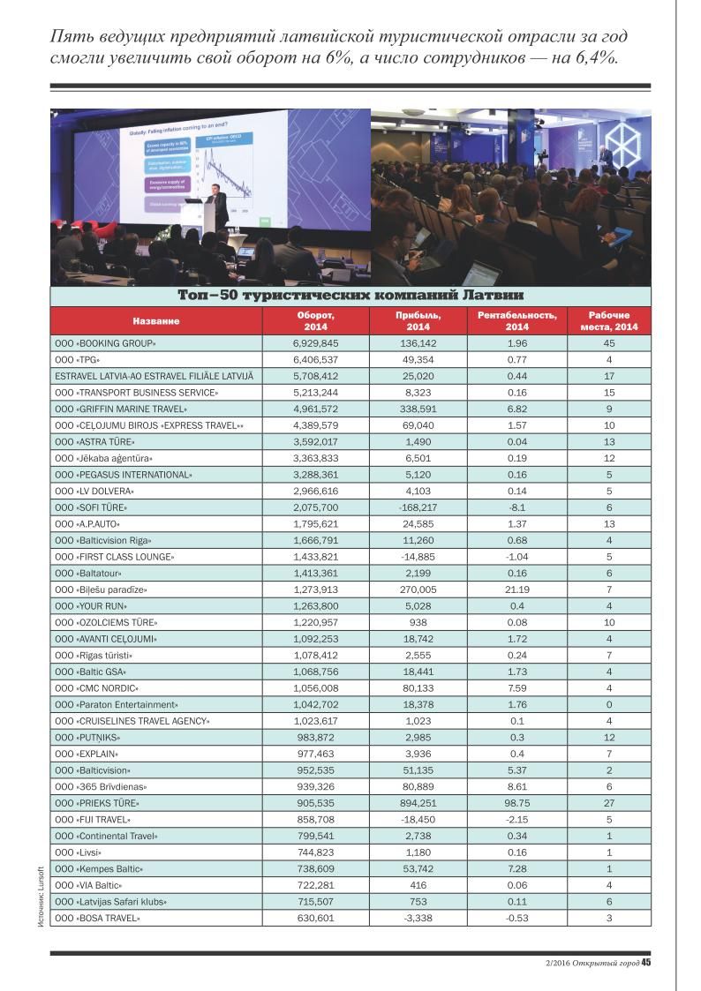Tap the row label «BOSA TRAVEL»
97,919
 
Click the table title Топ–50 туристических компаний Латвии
350,294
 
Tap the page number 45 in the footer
645,963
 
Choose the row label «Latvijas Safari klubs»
110,902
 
